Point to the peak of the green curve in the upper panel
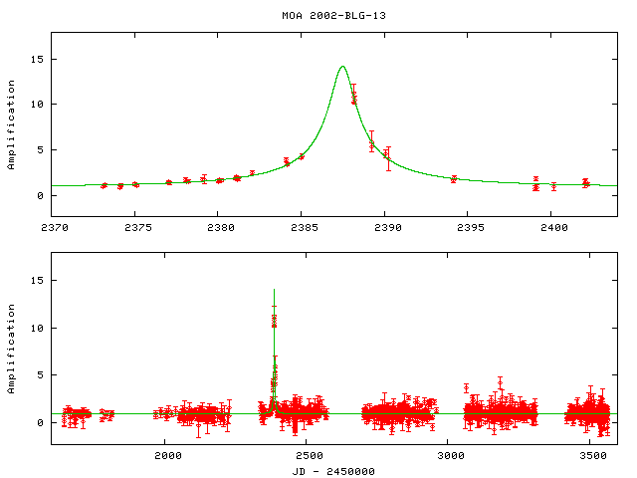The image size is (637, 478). tap(342, 67)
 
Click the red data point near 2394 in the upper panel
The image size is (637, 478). tap(454, 179)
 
